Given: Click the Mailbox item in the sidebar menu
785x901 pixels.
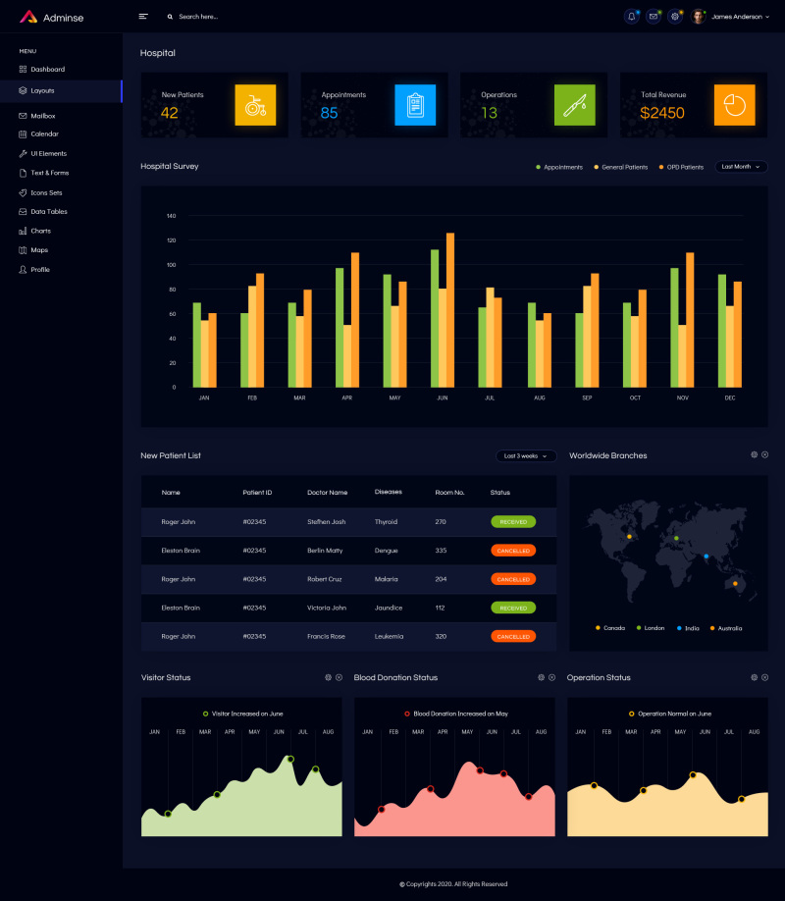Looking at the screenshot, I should click(x=42, y=116).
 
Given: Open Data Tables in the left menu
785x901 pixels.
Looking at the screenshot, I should click(x=48, y=211).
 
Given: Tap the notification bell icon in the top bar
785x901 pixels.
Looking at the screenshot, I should click(x=631, y=17).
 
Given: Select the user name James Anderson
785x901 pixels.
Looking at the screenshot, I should click(x=735, y=17).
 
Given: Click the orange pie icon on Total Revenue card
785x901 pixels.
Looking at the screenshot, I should click(x=734, y=104).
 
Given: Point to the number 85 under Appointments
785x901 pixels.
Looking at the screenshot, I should click(x=330, y=113).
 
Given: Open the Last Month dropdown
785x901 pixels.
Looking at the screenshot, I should click(x=741, y=167).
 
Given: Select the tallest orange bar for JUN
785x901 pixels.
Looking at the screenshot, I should click(x=450, y=309).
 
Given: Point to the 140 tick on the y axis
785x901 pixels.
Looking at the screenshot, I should click(x=171, y=216).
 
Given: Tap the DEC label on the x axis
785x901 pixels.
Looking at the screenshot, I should click(x=730, y=397).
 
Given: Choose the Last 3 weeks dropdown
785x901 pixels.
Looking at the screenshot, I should click(x=526, y=455).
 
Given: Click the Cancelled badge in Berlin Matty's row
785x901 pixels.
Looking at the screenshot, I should click(x=513, y=551).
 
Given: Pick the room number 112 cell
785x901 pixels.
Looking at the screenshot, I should click(x=441, y=608).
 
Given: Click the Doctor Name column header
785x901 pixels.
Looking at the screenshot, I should click(x=327, y=492).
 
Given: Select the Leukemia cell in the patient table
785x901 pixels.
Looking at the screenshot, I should click(x=390, y=636).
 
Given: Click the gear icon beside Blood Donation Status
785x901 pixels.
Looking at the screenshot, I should click(x=541, y=677).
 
